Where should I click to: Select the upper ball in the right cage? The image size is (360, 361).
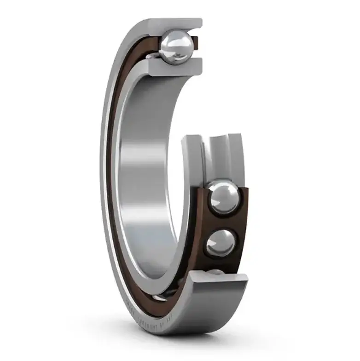pyautogui.click(x=223, y=198)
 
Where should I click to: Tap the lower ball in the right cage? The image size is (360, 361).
pyautogui.click(x=221, y=242)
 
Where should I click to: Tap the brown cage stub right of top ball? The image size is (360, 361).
pyautogui.click(x=196, y=43)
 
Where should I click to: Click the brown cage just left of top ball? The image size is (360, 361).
pyautogui.click(x=154, y=46)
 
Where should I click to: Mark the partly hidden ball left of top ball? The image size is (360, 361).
pyautogui.click(x=152, y=56)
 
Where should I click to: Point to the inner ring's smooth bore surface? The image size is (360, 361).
pyautogui.click(x=147, y=184)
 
